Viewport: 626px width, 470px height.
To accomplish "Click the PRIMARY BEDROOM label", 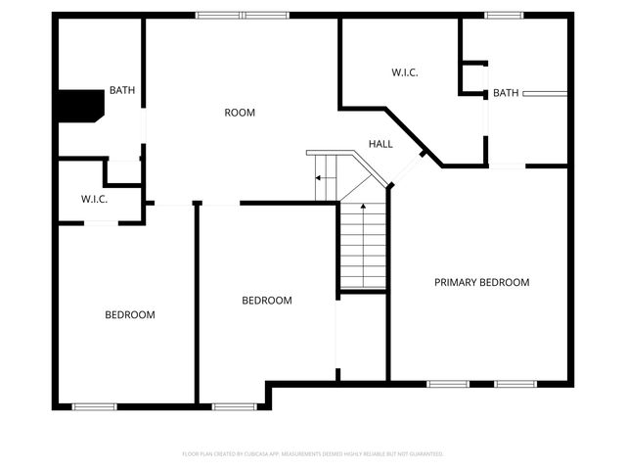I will tap(481, 282).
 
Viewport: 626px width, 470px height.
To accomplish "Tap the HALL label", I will tap(380, 144).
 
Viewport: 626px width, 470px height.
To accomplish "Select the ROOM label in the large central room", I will tap(240, 113).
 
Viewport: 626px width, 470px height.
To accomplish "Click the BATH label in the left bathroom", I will tap(122, 91).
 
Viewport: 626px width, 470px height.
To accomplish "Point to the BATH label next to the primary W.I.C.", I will tap(506, 93).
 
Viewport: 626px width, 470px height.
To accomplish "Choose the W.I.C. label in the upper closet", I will tap(405, 71).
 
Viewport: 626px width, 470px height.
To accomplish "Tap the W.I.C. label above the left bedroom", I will tap(94, 199).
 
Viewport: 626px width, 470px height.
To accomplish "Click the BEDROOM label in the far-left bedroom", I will tap(130, 314).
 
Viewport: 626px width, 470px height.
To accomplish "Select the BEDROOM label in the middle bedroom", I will tap(267, 301).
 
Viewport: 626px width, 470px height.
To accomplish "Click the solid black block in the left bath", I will tap(79, 105).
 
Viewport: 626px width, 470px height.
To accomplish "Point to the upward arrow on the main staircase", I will tap(363, 209).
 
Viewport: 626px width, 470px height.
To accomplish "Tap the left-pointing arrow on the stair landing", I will tap(318, 178).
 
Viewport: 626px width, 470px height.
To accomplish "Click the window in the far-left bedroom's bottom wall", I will tap(95, 406).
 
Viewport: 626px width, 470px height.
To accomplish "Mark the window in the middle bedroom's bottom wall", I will tap(234, 406).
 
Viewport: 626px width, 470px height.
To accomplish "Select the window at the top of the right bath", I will tap(504, 15).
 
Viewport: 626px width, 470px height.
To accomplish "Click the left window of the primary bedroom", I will tap(448, 383).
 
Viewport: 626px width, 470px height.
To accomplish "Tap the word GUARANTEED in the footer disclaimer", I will tap(423, 454).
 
